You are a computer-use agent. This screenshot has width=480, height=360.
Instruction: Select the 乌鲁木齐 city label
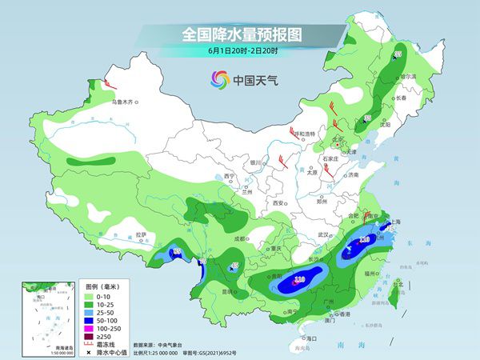(126, 102)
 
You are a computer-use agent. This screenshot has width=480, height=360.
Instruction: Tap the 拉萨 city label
(142, 234)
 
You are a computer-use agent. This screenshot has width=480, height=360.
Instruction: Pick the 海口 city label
(314, 339)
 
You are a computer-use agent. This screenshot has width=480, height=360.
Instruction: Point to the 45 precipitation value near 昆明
(234, 266)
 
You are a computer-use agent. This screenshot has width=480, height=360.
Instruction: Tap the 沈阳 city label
(386, 125)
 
